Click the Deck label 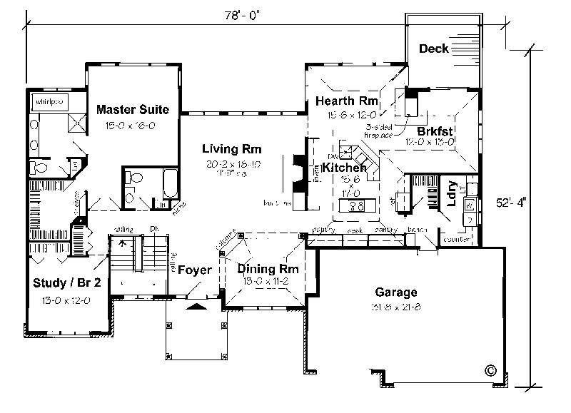(434, 49)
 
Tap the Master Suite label (133, 110)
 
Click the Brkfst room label (436, 131)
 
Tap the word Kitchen (344, 168)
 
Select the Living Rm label (231, 149)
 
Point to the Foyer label (194, 270)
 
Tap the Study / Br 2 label (67, 283)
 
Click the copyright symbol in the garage (490, 370)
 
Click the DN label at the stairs (153, 228)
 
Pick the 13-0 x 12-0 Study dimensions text (66, 300)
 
